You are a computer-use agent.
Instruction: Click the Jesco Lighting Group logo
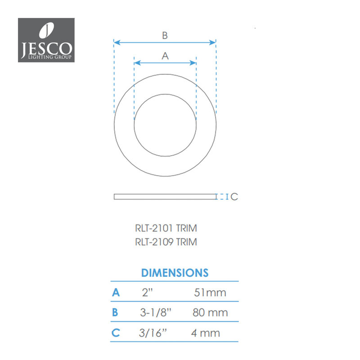tap(46, 40)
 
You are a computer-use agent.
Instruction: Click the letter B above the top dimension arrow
tap(165, 36)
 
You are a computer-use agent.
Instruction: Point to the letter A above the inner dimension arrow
tap(165, 56)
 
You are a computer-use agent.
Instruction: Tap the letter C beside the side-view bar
tap(234, 197)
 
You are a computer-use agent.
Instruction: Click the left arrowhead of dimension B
tap(117, 42)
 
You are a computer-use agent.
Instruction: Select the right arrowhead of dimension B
tap(212, 42)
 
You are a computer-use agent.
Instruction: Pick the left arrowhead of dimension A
tap(137, 63)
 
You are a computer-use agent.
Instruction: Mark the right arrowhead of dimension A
tap(193, 63)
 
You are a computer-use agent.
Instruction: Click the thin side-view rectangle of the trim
tap(165, 197)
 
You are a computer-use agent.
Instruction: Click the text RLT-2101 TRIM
tap(166, 228)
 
